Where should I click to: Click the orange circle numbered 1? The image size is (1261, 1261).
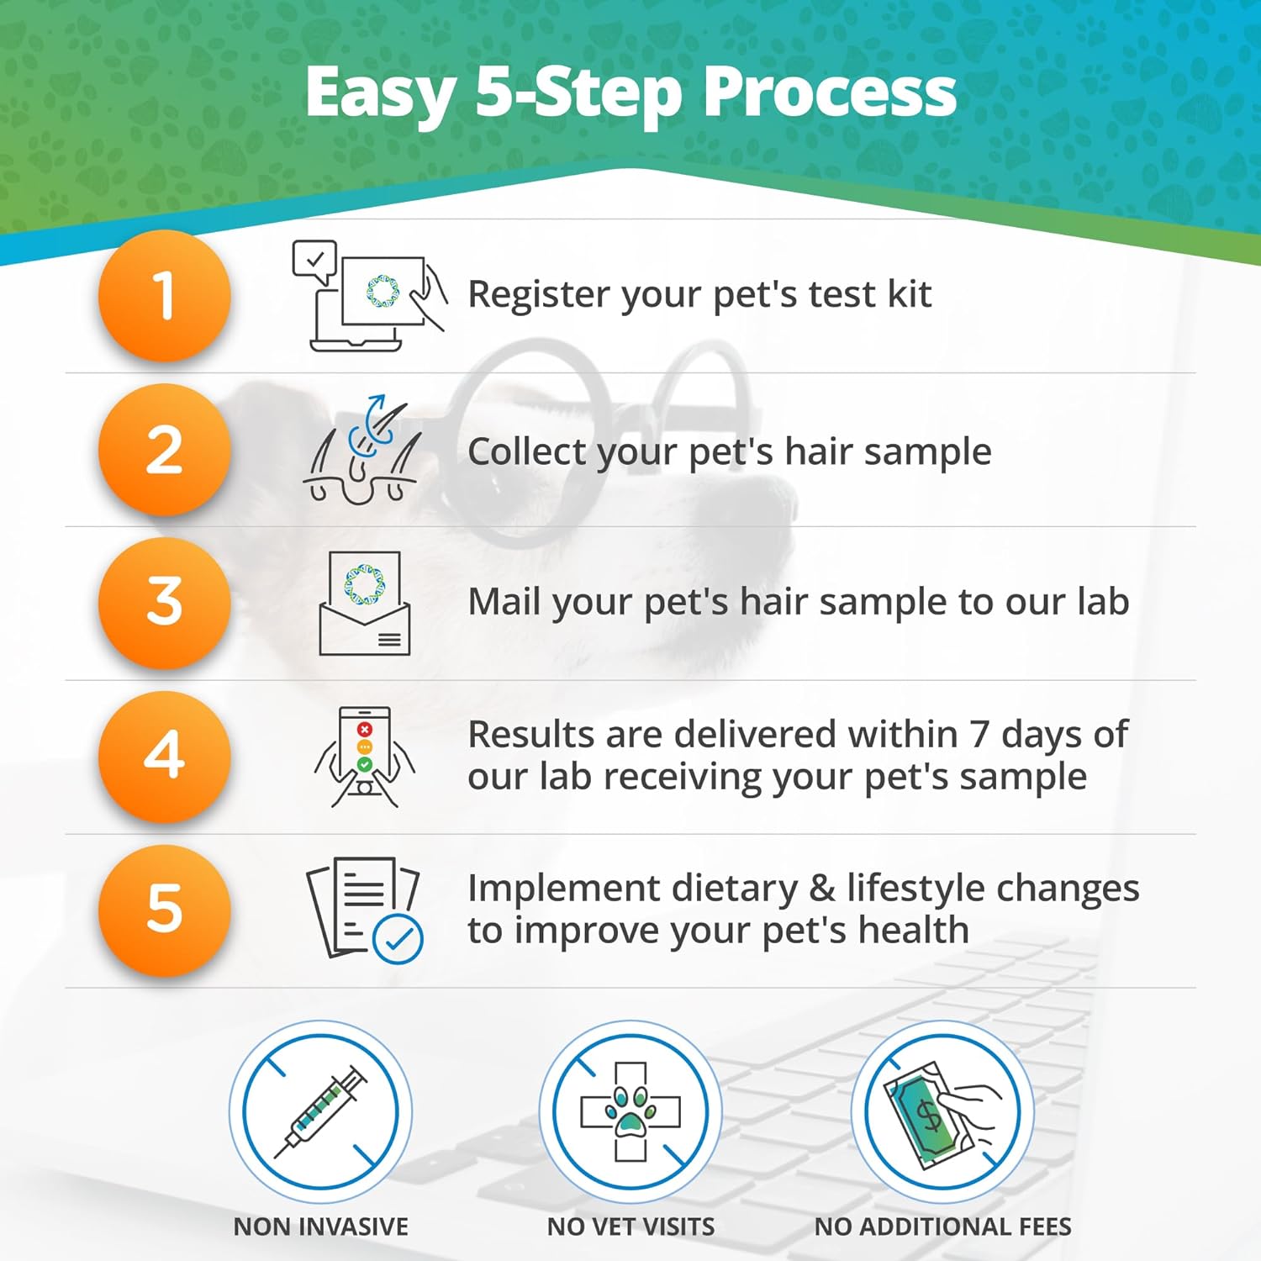(164, 296)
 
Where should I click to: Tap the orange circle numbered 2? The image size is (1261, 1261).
(164, 450)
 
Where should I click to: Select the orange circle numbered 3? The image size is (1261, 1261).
(164, 603)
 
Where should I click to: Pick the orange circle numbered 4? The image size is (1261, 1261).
(164, 756)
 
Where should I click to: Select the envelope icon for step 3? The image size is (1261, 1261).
(365, 604)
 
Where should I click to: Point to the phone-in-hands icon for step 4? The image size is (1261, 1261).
(365, 757)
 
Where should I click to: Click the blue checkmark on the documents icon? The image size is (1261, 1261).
(398, 939)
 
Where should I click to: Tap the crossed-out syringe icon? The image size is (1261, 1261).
(320, 1111)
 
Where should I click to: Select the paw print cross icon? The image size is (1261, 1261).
(630, 1111)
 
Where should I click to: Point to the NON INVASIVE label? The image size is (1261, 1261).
(320, 1227)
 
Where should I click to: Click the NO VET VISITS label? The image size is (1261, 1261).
(630, 1227)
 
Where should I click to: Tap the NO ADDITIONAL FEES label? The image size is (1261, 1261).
(942, 1227)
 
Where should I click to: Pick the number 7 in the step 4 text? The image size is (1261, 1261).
(979, 735)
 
